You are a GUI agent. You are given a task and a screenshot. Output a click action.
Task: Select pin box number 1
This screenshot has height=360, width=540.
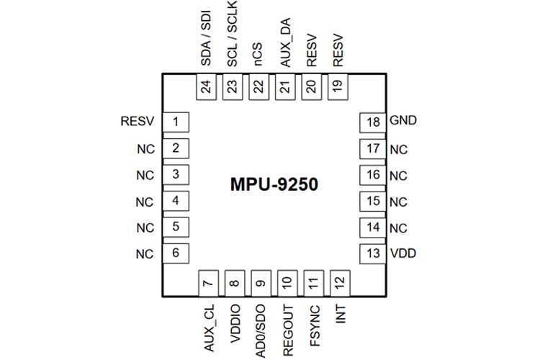click(x=176, y=122)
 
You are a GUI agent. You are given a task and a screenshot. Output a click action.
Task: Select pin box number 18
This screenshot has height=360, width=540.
click(x=372, y=122)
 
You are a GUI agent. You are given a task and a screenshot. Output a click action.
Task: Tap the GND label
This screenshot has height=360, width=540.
click(x=402, y=122)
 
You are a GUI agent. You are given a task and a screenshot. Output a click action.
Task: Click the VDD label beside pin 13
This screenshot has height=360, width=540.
click(x=402, y=253)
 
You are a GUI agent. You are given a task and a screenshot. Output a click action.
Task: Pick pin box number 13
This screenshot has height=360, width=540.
click(x=372, y=253)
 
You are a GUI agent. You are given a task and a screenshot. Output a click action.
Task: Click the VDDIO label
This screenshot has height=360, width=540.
click(x=233, y=321)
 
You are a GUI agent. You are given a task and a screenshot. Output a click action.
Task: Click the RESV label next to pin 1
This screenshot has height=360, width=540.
click(x=138, y=122)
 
